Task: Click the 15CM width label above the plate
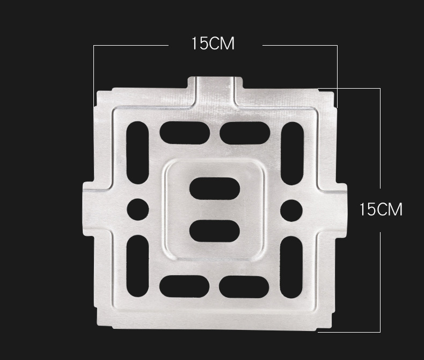pos(213,44)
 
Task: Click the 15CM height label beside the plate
pos(381,209)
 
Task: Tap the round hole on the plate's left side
pos(137,210)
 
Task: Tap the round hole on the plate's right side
pos(291,210)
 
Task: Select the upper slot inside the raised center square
pos(215,189)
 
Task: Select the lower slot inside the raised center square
pos(215,231)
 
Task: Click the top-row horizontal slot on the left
pos(185,133)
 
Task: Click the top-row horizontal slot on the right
pos(245,133)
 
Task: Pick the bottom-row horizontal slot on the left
pos(185,286)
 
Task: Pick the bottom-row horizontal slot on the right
pos(244,287)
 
